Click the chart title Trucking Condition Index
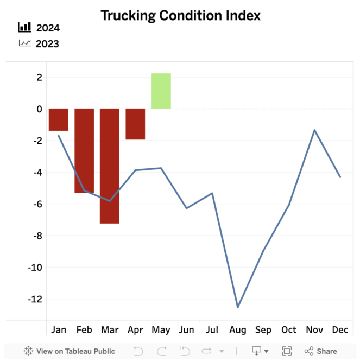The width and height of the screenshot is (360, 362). [180, 16]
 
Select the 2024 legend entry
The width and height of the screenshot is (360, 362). [39, 28]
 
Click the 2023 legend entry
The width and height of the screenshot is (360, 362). [39, 44]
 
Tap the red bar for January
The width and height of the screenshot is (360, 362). [58, 119]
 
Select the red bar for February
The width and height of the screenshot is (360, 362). [84, 150]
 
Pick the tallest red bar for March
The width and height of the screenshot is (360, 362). [110, 166]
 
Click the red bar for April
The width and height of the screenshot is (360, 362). [135, 124]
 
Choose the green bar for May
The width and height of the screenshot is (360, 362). [161, 91]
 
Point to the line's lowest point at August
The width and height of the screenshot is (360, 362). [238, 307]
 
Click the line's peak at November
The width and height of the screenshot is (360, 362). [314, 130]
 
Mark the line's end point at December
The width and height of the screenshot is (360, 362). [340, 177]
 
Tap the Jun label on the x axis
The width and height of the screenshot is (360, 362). [186, 330]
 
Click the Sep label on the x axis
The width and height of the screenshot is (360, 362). [263, 330]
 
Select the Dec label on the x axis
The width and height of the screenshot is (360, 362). [340, 330]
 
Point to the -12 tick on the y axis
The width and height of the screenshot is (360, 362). [35, 299]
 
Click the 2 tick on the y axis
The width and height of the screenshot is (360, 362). [39, 78]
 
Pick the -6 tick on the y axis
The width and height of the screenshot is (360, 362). [37, 204]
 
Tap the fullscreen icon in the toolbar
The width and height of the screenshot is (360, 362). [287, 351]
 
